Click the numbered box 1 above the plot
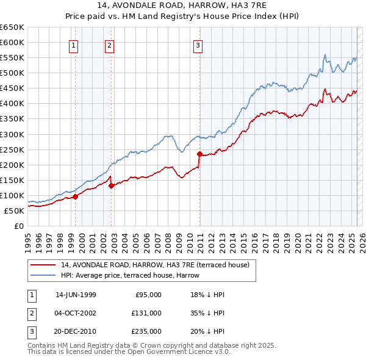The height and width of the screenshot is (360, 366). [x=73, y=45]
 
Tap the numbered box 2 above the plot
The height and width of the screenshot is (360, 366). [x=109, y=45]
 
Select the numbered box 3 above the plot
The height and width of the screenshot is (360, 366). [x=198, y=45]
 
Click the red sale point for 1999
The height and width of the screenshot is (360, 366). [x=76, y=196]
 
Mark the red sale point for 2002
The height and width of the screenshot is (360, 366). [x=111, y=185]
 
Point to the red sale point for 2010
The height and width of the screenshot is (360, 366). [x=199, y=154]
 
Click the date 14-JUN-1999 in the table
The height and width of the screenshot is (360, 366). [x=76, y=295]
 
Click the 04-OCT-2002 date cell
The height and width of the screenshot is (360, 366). [x=76, y=313]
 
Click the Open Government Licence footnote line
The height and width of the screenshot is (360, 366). [x=120, y=352]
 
